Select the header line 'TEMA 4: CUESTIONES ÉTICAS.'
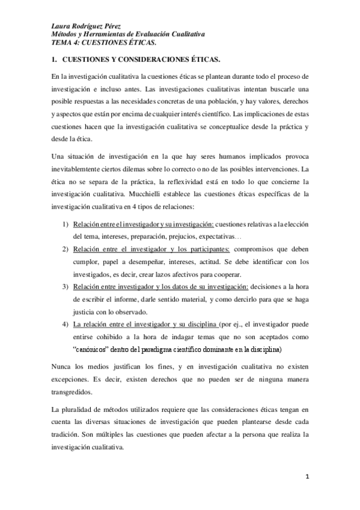tap(103, 43)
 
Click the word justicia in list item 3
tap(85, 312)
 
